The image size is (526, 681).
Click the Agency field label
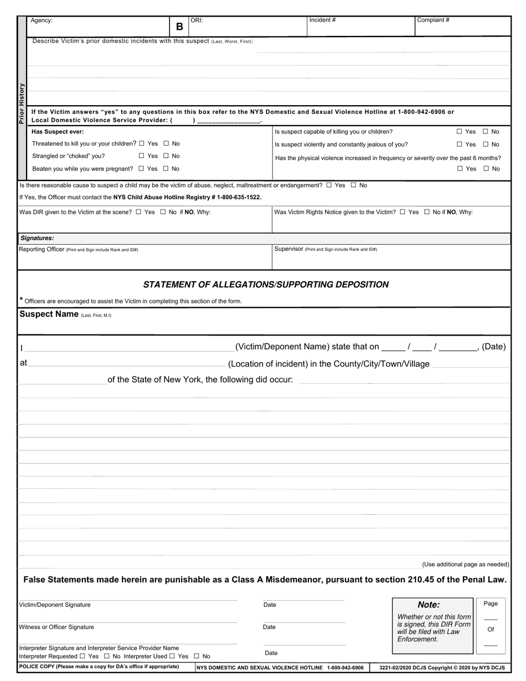pos(42,20)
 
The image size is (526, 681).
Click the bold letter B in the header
pos(179,26)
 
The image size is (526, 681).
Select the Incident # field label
pos(322,20)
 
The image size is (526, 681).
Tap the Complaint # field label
pos(433,20)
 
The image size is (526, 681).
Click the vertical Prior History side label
pos(22,104)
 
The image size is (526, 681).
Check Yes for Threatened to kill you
pos(142,143)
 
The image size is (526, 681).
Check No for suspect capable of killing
pos(486,132)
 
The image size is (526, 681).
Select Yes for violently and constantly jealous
pos(460,145)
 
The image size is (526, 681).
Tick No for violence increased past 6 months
pos(486,169)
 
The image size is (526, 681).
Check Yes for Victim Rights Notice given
pos(402,212)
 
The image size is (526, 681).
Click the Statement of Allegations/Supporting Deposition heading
pos(266,285)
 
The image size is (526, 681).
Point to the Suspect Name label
pos(49,314)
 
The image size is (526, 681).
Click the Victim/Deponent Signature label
pos(55,605)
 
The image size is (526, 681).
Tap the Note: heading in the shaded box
pos(428,605)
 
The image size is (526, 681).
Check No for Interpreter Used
pos(197,656)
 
